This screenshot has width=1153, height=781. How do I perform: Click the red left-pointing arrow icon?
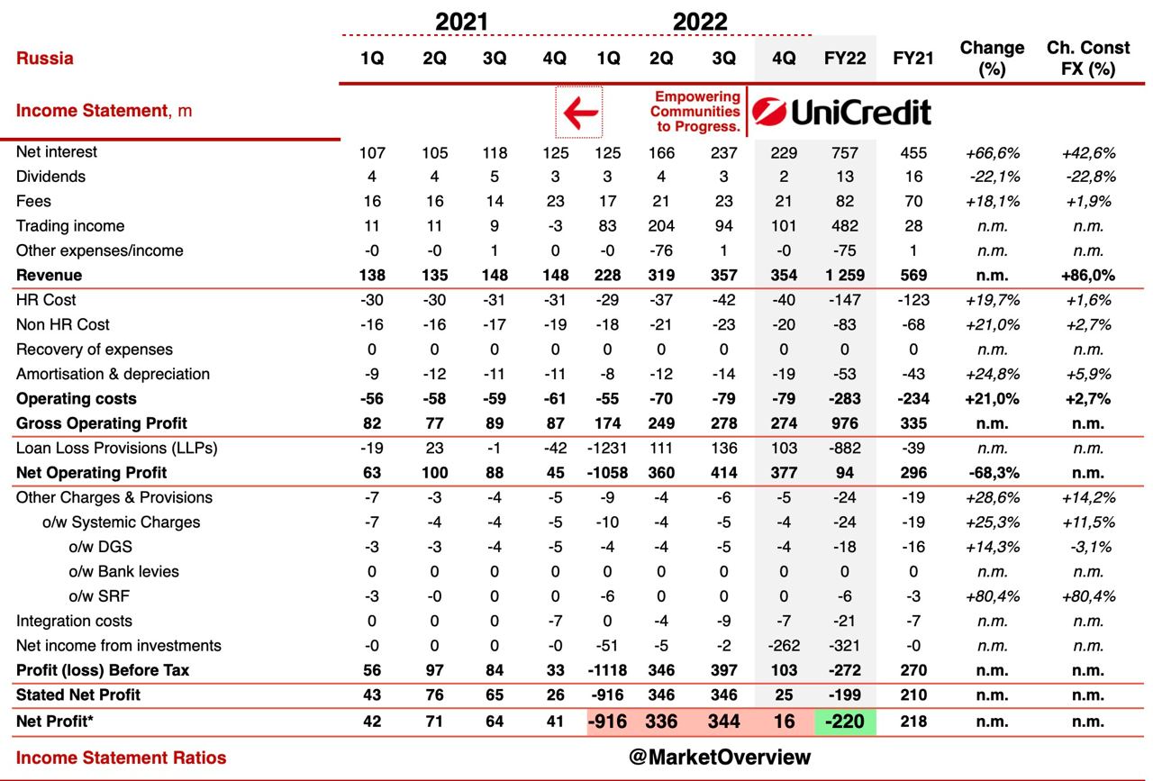579,113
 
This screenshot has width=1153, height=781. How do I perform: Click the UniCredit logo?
841,113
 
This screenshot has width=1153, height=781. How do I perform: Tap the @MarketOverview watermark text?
720,758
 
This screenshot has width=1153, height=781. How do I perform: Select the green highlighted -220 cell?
844,721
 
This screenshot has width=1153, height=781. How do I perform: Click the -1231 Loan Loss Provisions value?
608,448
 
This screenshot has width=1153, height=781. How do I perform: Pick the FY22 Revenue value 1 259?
844,276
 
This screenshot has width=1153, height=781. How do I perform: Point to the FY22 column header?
844,59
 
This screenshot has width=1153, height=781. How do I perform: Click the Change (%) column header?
992,58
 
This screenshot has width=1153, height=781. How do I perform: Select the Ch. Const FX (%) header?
1088,58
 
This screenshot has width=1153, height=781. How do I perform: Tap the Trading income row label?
70,226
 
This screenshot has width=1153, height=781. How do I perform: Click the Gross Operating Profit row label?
102,423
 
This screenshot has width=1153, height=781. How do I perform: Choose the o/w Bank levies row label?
123,571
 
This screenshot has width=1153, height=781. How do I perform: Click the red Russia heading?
45,59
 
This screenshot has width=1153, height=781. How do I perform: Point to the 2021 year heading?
461,22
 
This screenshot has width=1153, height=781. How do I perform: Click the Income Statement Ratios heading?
122,758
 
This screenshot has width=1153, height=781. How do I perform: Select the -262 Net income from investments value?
784,645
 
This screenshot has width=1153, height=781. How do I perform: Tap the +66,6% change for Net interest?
992,153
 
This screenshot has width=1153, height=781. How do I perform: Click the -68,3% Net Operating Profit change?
992,473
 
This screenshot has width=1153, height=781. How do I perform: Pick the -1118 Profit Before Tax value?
608,670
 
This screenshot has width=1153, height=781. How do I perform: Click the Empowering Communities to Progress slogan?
696,112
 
